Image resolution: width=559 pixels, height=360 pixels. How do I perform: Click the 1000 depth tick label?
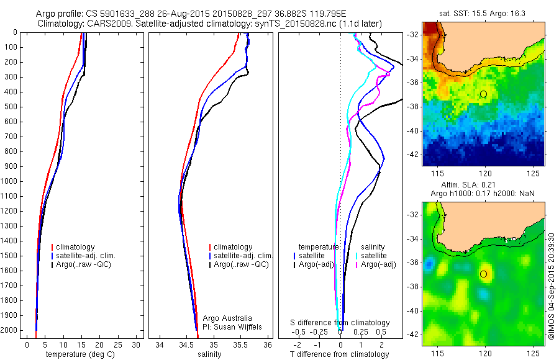11,181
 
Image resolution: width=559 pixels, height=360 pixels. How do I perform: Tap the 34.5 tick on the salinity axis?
186,344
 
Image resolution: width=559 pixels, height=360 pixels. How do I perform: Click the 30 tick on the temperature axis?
137,344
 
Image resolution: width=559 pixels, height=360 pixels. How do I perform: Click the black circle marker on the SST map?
483,94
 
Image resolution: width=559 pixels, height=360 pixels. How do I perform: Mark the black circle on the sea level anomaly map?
483,274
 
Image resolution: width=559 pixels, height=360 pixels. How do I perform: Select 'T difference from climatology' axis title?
339,354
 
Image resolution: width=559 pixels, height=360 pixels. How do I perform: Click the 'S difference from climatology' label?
340,323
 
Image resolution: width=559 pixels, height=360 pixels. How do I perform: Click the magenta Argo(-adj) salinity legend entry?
378,265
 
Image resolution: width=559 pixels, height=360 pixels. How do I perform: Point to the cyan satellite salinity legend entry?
373,256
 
